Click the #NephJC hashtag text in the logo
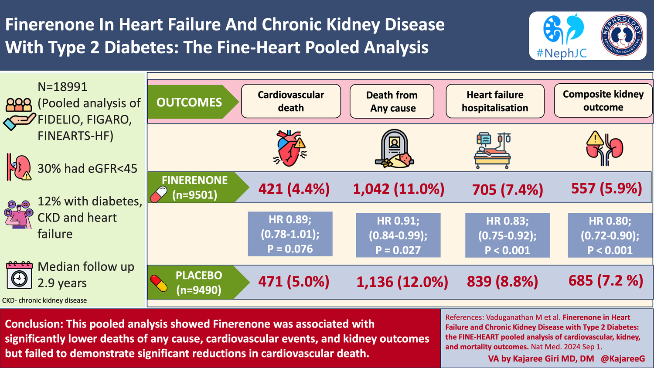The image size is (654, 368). pos(561,53)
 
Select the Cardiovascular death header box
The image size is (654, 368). pos(291,101)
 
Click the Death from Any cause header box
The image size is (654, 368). pos(392,102)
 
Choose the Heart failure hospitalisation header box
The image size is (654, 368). pos(495,101)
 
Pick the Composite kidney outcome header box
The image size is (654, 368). pos(603,101)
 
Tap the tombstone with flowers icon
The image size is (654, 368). pos(394,149)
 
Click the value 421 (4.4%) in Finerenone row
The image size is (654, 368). pos(294,189)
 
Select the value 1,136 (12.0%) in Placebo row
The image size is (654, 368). pos(402,282)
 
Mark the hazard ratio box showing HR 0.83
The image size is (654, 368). pos(507,235)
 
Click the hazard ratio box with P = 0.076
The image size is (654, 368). pos(290,234)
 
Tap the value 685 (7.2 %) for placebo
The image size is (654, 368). pos(606,281)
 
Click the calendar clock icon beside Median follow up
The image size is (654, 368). pos(19,275)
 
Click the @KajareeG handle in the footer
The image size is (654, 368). pos(623,358)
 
